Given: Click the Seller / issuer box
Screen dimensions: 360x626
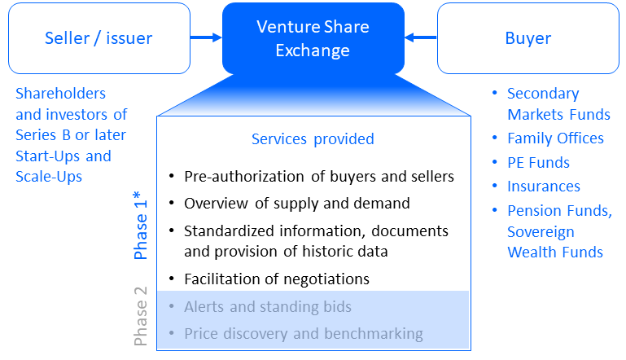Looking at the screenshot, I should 98,38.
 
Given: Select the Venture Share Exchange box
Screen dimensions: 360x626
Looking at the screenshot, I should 313,38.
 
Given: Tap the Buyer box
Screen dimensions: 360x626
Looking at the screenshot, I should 528,38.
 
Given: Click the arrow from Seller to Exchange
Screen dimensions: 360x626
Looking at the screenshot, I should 206,37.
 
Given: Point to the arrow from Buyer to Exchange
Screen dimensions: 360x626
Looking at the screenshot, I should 421,37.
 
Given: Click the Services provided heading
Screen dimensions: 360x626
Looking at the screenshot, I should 313,139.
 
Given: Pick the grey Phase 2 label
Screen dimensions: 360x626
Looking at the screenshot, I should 141,322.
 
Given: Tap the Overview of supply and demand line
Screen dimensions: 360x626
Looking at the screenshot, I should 296,204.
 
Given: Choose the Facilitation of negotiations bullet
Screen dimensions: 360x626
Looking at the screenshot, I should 277,279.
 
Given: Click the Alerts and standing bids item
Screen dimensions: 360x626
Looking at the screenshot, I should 268,307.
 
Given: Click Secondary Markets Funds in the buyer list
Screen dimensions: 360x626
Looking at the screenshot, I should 558,104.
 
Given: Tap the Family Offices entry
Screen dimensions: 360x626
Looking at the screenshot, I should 555,138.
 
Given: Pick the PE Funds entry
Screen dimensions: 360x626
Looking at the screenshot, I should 538,163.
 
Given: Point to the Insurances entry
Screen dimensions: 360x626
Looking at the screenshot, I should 543,187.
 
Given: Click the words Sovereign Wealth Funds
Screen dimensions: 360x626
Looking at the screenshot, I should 556,243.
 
